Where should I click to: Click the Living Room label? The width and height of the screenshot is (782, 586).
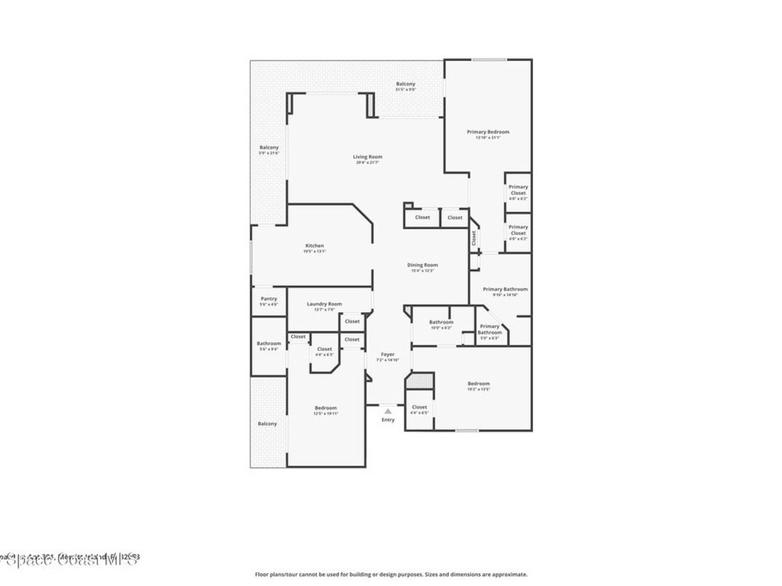[368, 157]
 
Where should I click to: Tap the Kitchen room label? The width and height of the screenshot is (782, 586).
[315, 246]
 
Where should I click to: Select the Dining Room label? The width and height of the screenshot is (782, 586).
[422, 266]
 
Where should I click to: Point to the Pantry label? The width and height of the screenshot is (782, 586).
[269, 298]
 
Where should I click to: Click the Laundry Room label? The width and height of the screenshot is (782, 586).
[325, 304]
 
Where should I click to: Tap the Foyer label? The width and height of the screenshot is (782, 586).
[388, 355]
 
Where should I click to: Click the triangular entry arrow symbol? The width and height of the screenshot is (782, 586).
[388, 411]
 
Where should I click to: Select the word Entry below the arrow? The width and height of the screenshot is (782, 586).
[388, 420]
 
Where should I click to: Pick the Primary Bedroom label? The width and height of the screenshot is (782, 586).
[488, 132]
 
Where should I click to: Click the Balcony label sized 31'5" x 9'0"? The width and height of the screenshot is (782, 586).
[406, 84]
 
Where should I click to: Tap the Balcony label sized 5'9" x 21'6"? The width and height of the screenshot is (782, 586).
[269, 147]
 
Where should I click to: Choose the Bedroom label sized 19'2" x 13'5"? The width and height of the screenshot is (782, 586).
[479, 384]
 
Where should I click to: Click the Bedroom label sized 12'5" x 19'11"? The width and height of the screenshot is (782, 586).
[325, 408]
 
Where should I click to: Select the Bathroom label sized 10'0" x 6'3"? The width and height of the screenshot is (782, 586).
[441, 322]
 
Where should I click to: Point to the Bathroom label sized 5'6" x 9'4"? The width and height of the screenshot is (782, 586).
[269, 343]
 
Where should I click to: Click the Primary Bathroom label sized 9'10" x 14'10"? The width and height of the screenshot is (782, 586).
[505, 290]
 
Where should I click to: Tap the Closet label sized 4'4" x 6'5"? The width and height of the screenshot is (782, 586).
[419, 407]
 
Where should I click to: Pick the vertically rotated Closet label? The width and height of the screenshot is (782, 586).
[473, 237]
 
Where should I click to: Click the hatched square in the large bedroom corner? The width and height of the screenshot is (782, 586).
[420, 382]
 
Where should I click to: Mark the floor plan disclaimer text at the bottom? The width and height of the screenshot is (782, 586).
[391, 575]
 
